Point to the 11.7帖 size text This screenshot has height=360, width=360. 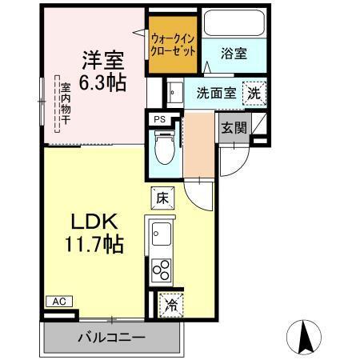[95, 244]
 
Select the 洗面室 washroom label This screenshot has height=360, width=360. [215, 92]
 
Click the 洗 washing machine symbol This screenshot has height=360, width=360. [253, 92]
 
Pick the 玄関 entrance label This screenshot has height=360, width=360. [234, 127]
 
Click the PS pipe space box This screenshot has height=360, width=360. [159, 120]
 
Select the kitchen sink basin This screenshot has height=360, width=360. [161, 236]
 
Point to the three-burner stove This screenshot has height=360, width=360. [162, 270]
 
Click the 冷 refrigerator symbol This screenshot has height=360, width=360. [170, 303]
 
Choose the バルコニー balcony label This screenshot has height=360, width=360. [111, 337]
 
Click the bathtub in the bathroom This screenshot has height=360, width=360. [234, 24]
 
